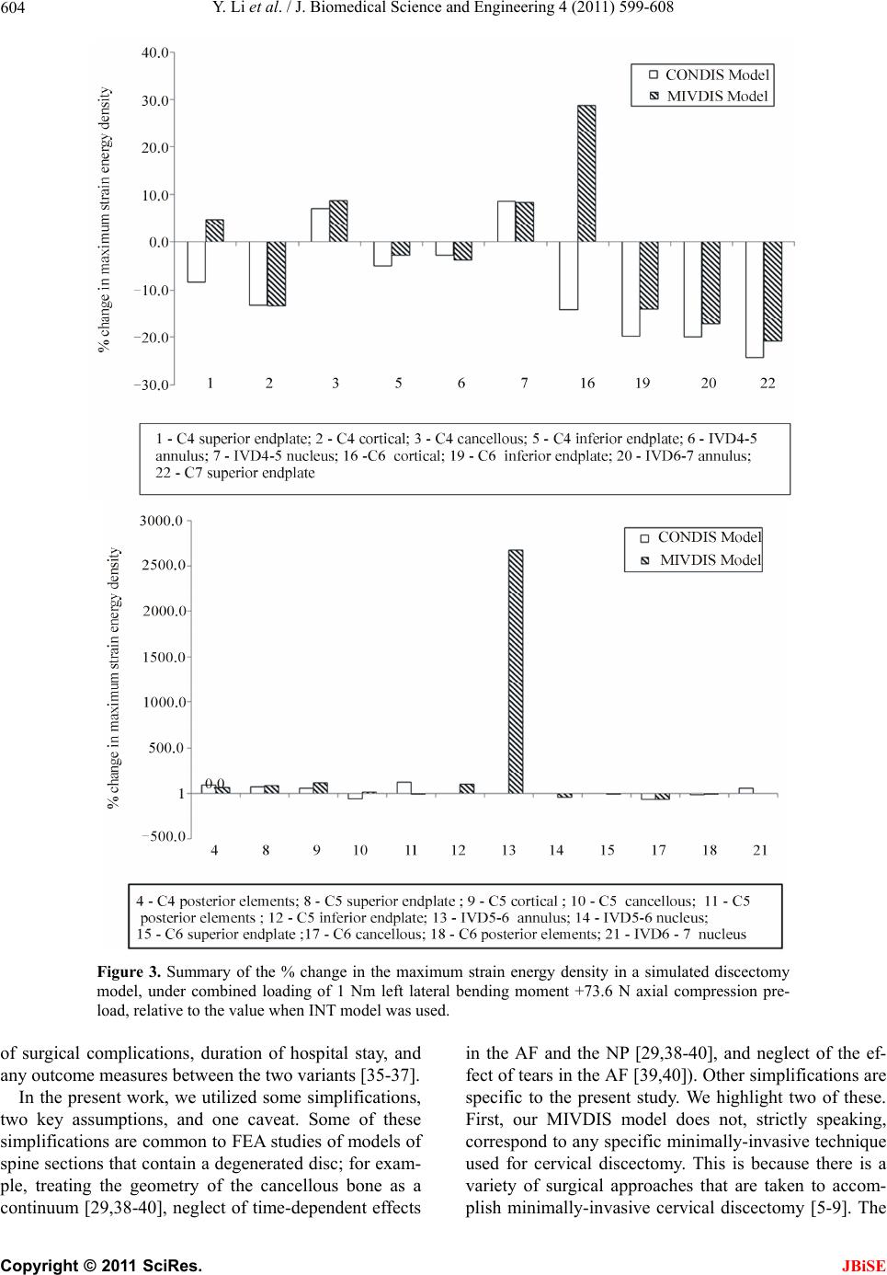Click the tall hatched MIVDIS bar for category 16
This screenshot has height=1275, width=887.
click(x=586, y=174)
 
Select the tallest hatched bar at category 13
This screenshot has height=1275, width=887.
click(x=516, y=672)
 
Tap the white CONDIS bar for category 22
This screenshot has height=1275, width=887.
click(x=755, y=299)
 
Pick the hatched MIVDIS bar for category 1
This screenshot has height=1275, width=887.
click(x=214, y=231)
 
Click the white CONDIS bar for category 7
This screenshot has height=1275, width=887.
click(x=506, y=222)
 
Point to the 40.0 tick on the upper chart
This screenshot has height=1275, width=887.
click(x=154, y=52)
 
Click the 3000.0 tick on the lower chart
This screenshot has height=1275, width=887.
click(x=162, y=522)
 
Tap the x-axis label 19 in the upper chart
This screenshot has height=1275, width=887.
click(x=643, y=384)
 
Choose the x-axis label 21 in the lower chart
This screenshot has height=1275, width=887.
click(x=760, y=851)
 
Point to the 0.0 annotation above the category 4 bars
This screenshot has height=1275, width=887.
click(x=214, y=783)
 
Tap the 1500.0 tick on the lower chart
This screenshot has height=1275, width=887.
click(x=162, y=657)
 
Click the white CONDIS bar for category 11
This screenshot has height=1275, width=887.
click(x=404, y=787)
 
